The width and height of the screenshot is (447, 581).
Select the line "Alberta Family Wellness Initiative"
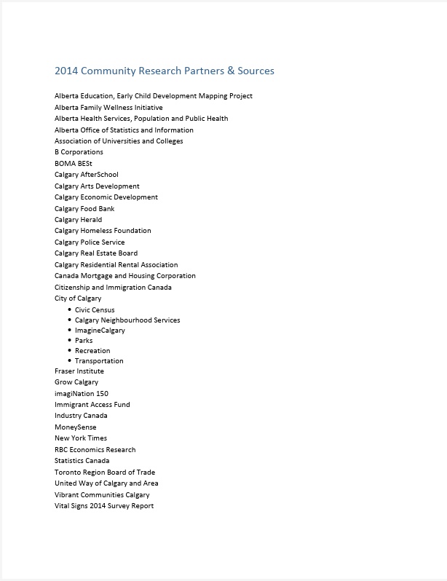(x=108, y=107)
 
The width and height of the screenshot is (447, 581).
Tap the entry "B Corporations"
(x=79, y=152)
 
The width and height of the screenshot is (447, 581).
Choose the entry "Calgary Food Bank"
(x=84, y=208)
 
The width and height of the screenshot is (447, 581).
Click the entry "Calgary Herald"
(x=78, y=219)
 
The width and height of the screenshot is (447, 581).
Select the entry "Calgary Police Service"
(x=90, y=242)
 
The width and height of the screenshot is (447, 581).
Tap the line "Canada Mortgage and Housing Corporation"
(x=125, y=276)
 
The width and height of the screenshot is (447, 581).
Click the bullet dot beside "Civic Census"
(x=69, y=309)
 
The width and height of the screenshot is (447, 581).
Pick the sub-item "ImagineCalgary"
(x=100, y=331)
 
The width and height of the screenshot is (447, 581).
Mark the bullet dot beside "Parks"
(x=69, y=340)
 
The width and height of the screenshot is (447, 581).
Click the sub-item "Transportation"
(x=99, y=361)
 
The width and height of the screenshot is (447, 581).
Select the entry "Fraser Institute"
(x=79, y=371)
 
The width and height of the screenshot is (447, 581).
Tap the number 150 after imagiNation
(x=102, y=393)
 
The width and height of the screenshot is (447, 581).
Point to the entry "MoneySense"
(x=75, y=427)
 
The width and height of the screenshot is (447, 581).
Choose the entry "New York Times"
(x=81, y=438)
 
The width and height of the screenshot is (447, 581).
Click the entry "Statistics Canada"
(x=82, y=461)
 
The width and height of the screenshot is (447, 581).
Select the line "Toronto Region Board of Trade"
(x=105, y=472)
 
